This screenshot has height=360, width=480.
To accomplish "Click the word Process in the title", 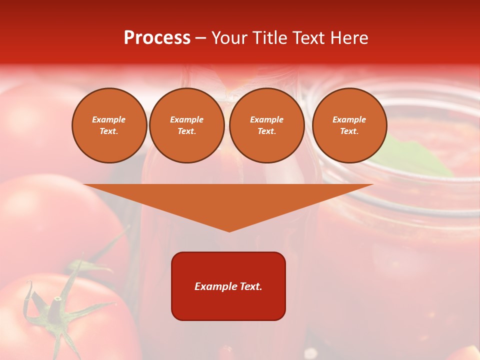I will [x=157, y=38].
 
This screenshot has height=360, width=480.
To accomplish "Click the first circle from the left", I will [x=109, y=125].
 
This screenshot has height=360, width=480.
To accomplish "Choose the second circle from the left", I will [x=187, y=125].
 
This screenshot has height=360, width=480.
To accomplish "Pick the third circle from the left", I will [x=266, y=125].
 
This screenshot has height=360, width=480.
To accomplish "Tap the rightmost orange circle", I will [x=349, y=125].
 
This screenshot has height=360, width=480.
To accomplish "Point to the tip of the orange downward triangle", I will [x=229, y=230].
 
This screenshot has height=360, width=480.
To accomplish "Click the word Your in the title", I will [x=228, y=38].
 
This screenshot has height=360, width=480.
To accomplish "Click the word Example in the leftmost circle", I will [x=109, y=119].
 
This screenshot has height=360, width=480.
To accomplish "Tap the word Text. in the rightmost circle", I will [x=349, y=131].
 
